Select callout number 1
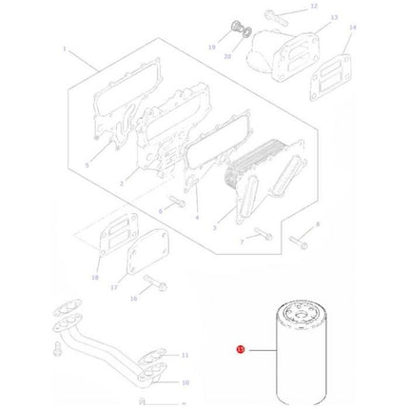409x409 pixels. click(x=64, y=49)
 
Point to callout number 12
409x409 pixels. click(x=314, y=7)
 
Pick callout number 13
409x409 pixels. click(x=334, y=18)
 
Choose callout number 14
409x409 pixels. click(x=352, y=28)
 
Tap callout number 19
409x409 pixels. click(x=213, y=45)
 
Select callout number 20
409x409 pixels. click(x=227, y=57)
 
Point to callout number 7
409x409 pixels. click(x=243, y=243)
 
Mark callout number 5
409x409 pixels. click(x=87, y=166)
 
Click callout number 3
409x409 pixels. click(x=214, y=228)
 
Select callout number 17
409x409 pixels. click(x=113, y=286)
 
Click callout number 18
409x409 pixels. click(x=94, y=278)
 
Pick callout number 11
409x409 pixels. click(x=185, y=354)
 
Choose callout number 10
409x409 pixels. click(x=185, y=383)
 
